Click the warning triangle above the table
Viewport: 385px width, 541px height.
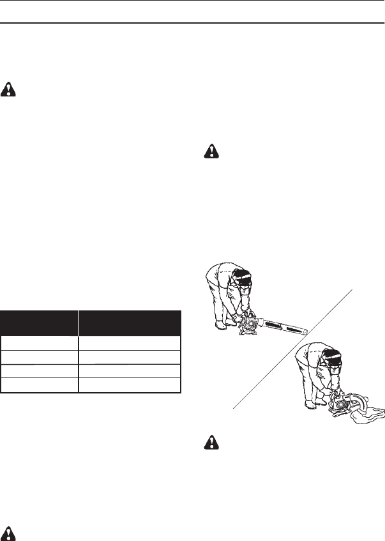coord(9,89)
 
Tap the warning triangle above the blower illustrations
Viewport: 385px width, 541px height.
coord(210,151)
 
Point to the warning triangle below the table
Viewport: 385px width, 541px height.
coord(9,532)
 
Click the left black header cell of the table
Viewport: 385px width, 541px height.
coord(39,323)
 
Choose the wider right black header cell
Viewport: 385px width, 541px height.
coord(130,323)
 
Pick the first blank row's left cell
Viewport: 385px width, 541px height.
coord(39,341)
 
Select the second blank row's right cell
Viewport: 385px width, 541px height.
coord(130,356)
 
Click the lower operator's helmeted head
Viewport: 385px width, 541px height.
coord(335,358)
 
